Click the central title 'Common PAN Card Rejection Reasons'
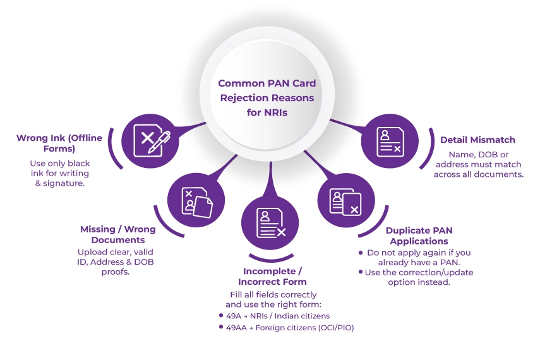coord(267,90)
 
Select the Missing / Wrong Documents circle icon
coord(196,199)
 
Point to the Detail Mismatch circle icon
coord(390,140)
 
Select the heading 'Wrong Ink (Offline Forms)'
coord(59,143)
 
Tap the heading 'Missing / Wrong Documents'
coord(117,234)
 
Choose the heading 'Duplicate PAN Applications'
coord(419,236)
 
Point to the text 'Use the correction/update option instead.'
coord(419,277)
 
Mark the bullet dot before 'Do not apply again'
coord(360,253)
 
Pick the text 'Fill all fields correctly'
coord(272,294)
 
